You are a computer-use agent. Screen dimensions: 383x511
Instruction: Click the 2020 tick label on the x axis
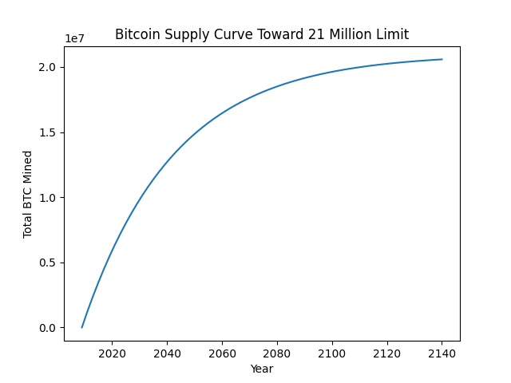(x=112, y=353)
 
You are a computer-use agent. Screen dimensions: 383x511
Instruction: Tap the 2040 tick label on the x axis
(x=167, y=353)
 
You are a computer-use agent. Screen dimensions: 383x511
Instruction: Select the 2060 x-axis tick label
(x=222, y=353)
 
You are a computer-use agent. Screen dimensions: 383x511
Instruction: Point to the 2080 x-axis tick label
(x=277, y=353)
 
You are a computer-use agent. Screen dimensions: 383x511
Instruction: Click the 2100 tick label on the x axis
(x=332, y=353)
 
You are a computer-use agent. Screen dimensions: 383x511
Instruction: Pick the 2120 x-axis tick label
(x=387, y=353)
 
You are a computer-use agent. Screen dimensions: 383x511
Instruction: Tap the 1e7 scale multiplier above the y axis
(x=76, y=39)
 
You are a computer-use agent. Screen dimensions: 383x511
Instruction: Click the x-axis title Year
(x=262, y=369)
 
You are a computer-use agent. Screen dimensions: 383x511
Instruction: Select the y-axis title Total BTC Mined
(x=28, y=194)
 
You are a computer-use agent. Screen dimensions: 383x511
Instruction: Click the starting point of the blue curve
(x=81, y=327)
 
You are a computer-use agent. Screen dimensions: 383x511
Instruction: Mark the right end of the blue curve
(x=442, y=59)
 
